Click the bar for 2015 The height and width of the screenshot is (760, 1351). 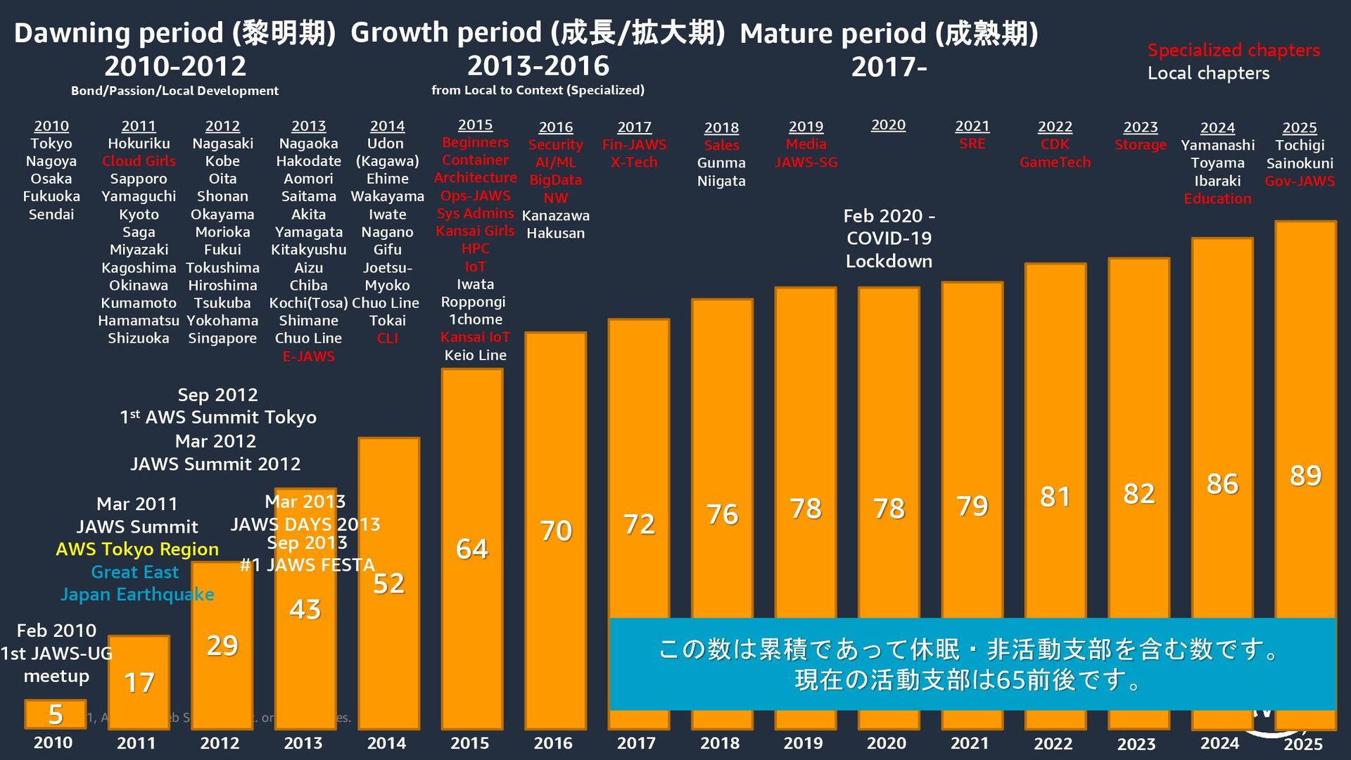click(x=471, y=549)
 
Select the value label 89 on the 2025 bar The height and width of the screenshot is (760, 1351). click(x=1305, y=476)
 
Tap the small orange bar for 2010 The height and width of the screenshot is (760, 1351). click(x=55, y=714)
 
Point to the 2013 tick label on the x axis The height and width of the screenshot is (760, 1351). click(x=303, y=743)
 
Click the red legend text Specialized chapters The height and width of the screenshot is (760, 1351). click(x=1233, y=51)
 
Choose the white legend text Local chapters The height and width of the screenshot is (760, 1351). click(x=1208, y=73)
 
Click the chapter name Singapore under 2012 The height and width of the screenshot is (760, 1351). click(x=222, y=338)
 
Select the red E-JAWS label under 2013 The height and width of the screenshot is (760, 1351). click(x=308, y=357)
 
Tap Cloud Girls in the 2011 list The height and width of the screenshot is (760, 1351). click(x=139, y=161)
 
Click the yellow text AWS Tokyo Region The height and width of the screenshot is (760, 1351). click(x=137, y=550)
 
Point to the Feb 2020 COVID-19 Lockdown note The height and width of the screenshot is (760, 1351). click(x=889, y=239)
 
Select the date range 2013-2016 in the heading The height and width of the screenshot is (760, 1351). click(x=538, y=66)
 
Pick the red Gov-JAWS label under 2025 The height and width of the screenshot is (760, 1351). click(x=1299, y=181)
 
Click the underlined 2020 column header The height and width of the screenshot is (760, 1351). click(x=888, y=125)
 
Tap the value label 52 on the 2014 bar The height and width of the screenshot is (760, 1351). click(x=388, y=584)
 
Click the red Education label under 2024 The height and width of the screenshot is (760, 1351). click(x=1217, y=199)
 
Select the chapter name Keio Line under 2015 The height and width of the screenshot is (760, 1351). click(x=475, y=355)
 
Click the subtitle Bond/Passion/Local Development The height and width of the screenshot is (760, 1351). click(x=175, y=91)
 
